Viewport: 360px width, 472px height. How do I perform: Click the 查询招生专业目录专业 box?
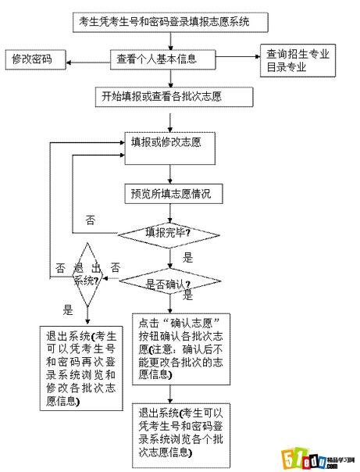click(x=298, y=60)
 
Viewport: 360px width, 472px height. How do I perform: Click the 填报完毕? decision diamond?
click(x=168, y=233)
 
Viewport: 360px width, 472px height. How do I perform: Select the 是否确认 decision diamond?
click(x=168, y=283)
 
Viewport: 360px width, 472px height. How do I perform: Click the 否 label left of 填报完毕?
click(x=91, y=220)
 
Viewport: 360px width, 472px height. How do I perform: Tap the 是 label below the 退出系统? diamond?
click(x=68, y=309)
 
